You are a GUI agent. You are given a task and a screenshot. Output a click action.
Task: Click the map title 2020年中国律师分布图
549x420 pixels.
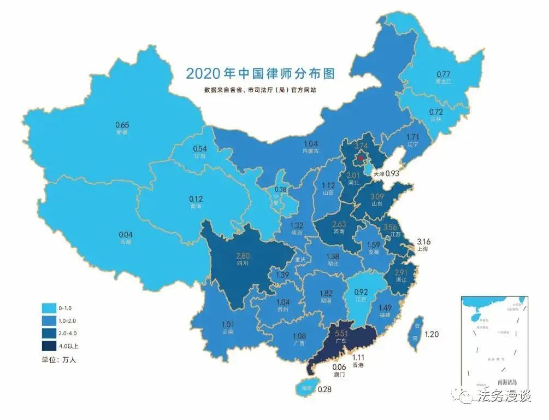pos(259,73)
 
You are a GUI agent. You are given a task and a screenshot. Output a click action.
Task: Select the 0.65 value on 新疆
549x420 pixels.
pos(122,125)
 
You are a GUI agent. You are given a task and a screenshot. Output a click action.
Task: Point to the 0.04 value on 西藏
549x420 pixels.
pos(126,235)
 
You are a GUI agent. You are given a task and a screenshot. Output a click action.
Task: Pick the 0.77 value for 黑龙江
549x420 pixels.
pos(443,74)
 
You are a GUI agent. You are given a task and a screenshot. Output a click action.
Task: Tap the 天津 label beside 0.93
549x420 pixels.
pos(379,173)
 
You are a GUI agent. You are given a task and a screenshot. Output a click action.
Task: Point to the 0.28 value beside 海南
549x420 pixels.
pos(324,389)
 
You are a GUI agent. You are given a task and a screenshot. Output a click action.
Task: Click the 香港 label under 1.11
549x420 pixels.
pos(358,365)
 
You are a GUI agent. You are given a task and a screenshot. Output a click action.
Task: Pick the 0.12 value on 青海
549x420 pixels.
pos(196,198)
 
